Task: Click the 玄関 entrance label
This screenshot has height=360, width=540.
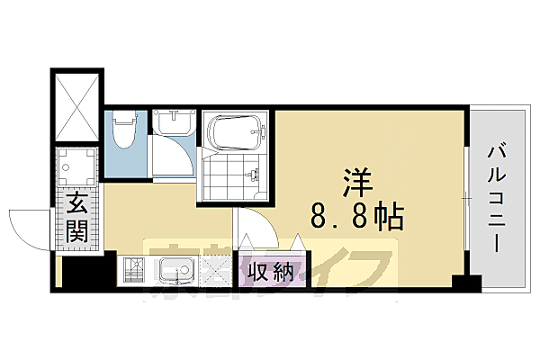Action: click(76, 220)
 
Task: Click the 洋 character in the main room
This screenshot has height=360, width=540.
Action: click(351, 180)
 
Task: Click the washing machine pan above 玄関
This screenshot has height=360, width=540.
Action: click(77, 168)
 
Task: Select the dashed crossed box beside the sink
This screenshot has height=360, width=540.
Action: click(216, 270)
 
